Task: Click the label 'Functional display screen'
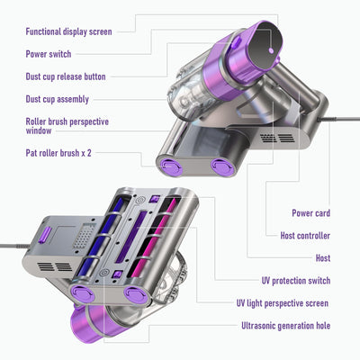(x=68, y=31)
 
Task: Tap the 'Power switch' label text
(x=49, y=54)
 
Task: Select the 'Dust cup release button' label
(x=66, y=76)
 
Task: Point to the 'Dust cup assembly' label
(x=58, y=99)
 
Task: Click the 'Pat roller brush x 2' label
(x=58, y=153)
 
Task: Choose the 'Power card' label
(x=311, y=213)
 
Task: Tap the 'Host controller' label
(x=305, y=236)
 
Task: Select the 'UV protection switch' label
(x=296, y=281)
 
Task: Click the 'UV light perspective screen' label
(x=283, y=303)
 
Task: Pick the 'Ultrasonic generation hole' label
(x=286, y=326)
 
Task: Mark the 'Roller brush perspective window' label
(x=67, y=126)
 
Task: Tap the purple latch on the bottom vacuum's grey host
(x=45, y=235)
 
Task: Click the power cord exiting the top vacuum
(x=339, y=119)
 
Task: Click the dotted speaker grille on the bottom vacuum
(x=84, y=236)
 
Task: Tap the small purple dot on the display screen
(x=271, y=50)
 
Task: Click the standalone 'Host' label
(x=323, y=258)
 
